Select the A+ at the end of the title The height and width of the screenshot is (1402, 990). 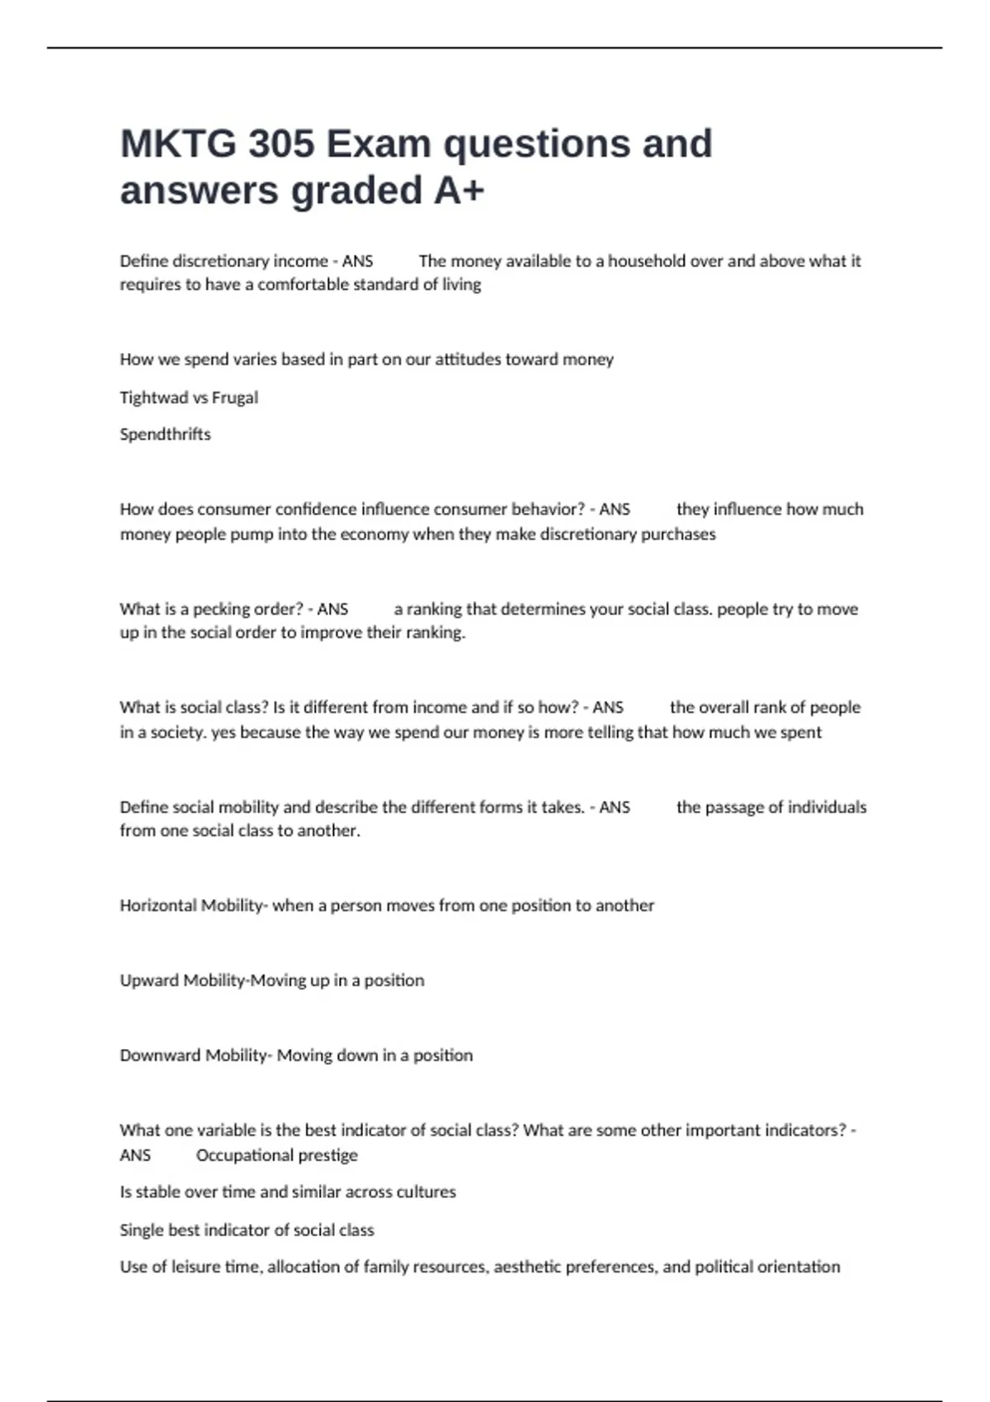coord(459,191)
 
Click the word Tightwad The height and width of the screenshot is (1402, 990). coord(154,398)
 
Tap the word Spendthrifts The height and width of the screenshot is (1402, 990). coord(165,435)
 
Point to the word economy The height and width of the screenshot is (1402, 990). coord(374,534)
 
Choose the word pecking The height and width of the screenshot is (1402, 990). coord(221,609)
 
